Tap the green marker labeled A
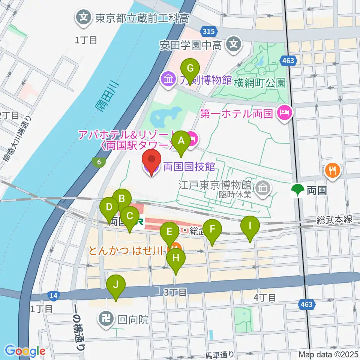coord(181,141)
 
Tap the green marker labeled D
coord(109,208)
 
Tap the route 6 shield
coord(99,162)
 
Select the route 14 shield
coord(53,296)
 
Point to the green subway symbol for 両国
coord(298,190)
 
